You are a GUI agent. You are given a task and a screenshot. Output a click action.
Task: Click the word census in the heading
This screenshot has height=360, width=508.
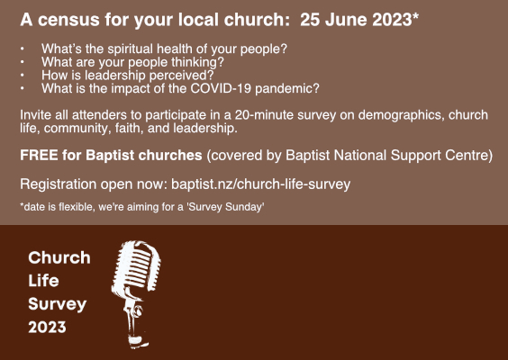point(68,20)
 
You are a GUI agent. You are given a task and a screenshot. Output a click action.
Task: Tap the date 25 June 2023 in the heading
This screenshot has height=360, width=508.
point(356,20)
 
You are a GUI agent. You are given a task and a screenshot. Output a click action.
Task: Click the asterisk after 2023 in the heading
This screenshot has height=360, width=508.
point(415,16)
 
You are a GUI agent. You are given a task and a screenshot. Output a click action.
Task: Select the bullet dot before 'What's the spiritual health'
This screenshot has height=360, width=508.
point(22,49)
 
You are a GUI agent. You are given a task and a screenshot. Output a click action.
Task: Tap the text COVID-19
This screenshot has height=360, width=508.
point(221,88)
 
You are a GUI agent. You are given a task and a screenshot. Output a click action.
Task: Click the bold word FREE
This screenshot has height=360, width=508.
point(39,156)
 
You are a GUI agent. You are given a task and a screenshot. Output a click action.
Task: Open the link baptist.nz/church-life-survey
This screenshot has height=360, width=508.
point(261,184)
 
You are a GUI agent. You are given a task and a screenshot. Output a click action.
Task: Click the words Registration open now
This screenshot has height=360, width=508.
point(94,184)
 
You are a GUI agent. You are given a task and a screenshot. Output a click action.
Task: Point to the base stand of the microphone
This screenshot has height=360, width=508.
point(138,340)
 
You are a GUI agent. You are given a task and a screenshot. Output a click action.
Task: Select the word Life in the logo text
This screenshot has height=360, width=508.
point(43,281)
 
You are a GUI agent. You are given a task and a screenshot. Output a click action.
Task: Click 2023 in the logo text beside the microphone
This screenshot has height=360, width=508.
point(47,327)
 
